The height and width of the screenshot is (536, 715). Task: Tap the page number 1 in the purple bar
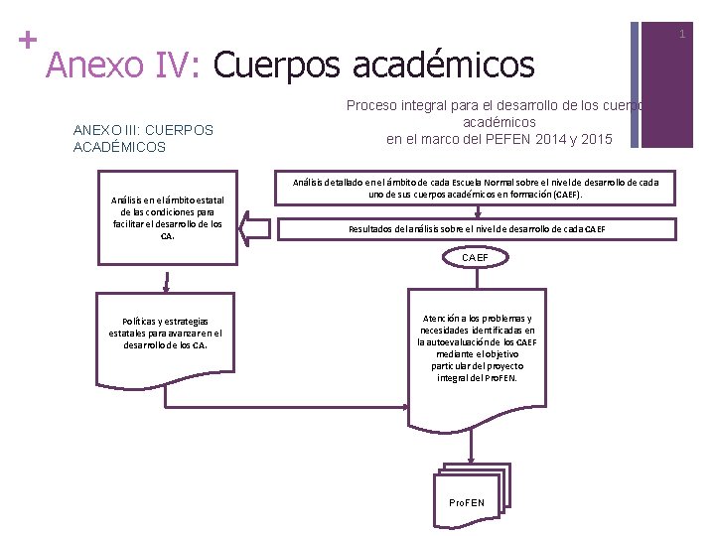[x=682, y=35]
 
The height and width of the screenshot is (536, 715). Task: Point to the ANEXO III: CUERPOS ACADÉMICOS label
[x=143, y=138]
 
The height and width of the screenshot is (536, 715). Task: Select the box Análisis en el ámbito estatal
[x=167, y=217]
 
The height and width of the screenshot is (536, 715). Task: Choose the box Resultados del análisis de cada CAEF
[x=477, y=229]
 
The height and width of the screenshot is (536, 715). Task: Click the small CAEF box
[x=475, y=258]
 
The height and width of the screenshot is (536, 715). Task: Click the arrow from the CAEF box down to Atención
[x=475, y=278]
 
